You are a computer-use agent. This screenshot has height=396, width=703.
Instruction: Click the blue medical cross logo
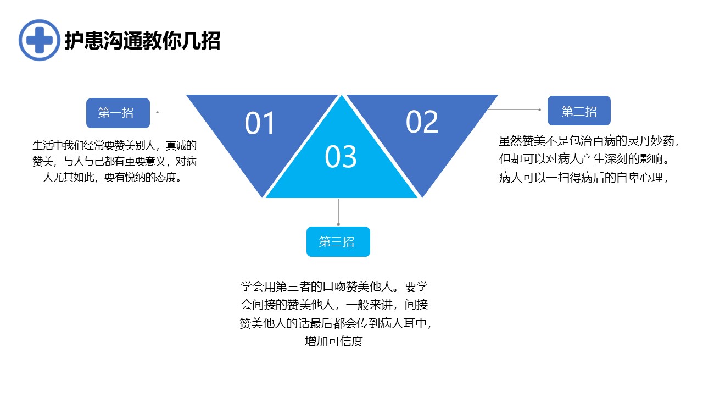39,40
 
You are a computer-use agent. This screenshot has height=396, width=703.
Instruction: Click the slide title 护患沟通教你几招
142,41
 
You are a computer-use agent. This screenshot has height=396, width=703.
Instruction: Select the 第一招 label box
118,113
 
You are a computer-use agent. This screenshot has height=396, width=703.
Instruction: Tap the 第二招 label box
579,111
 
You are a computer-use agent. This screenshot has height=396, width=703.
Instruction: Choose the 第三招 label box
338,241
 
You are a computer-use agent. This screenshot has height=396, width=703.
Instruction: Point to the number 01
260,123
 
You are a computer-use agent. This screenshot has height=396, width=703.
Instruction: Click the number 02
422,122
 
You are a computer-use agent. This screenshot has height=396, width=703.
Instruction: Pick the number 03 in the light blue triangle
341,157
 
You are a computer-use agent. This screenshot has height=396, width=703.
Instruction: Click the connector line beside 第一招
177,112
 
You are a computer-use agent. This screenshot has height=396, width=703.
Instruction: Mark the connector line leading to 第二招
514,109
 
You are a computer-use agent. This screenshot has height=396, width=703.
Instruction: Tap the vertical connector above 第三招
338,212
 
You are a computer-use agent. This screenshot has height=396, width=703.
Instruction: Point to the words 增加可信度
334,342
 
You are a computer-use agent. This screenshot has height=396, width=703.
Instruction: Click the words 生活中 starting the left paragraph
48,146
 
